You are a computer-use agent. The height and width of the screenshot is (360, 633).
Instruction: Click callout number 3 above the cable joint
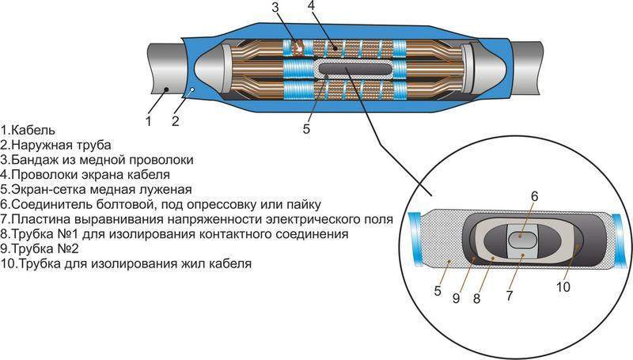275,8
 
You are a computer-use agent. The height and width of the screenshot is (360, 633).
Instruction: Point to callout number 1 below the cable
148,121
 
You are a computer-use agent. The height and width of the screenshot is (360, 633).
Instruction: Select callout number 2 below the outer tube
175,121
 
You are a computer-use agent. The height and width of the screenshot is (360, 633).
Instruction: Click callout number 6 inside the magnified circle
534,196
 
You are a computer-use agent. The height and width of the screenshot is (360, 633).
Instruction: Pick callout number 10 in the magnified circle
563,287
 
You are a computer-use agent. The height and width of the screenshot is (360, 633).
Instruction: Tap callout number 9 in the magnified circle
457,298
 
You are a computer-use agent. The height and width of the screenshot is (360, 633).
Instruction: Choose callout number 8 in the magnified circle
477,298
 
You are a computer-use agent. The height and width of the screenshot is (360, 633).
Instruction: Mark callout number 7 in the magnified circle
509,296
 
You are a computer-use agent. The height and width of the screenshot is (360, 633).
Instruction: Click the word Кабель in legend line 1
33,131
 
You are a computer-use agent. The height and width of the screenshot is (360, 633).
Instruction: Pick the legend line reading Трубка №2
40,248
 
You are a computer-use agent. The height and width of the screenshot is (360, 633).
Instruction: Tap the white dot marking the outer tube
193,89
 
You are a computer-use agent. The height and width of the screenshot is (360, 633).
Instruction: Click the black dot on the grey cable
166,89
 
